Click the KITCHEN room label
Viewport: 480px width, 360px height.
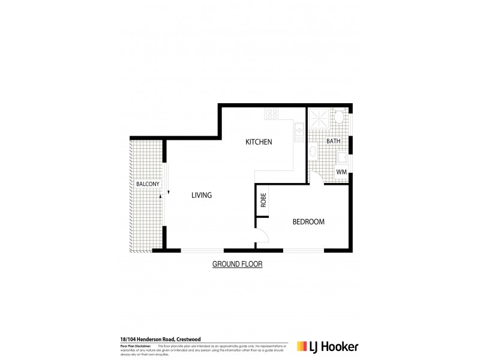tap(259, 142)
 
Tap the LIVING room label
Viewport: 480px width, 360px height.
tap(202, 195)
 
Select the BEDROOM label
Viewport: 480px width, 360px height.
tap(308, 221)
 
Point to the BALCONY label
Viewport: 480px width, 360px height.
tap(146, 185)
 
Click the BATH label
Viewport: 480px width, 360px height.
tap(333, 141)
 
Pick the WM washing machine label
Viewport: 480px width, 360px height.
tap(341, 172)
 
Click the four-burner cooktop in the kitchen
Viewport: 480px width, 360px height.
tap(272, 113)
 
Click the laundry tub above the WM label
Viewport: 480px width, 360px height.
tap(341, 158)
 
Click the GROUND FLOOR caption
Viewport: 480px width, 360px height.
tap(238, 264)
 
